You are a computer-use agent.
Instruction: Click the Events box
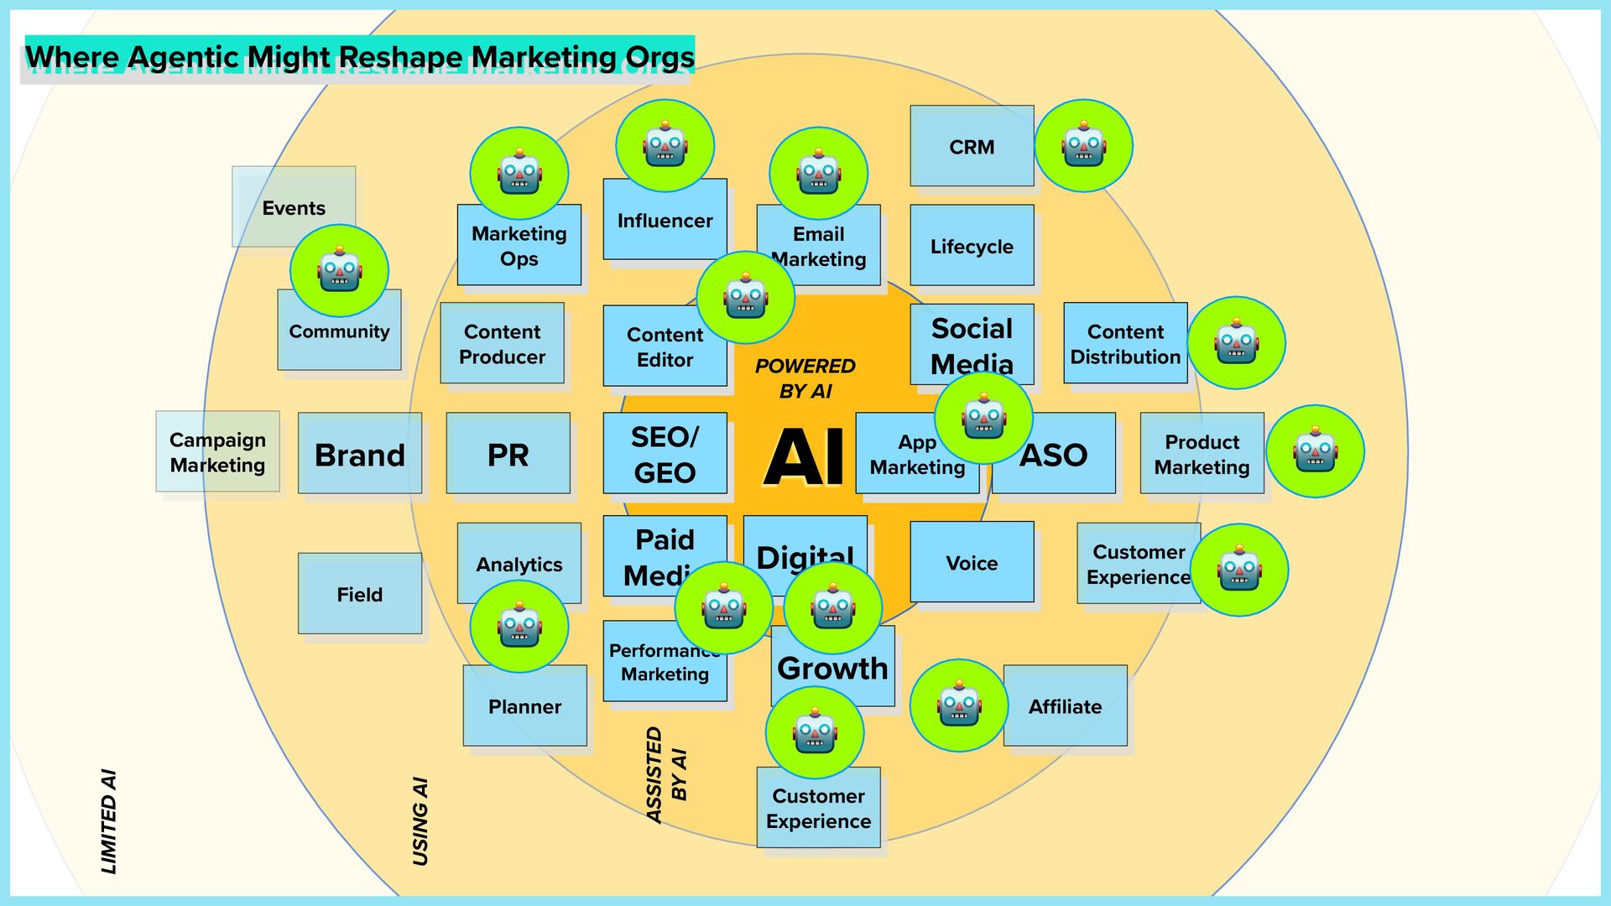[x=294, y=206]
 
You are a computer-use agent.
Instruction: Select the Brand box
[x=359, y=454]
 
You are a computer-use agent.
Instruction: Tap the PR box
[x=508, y=454]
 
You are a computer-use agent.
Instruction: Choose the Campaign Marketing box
[x=217, y=452]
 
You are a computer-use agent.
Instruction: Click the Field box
[x=359, y=594]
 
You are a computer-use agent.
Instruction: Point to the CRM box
[x=972, y=147]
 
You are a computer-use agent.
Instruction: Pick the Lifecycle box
[x=972, y=246]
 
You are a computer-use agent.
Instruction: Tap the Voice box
[x=972, y=562]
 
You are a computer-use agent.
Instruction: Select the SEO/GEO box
[x=665, y=454]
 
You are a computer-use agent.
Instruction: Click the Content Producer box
[x=502, y=344]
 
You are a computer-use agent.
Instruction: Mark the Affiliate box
[x=1065, y=706]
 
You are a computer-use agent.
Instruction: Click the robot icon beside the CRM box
[x=1083, y=146]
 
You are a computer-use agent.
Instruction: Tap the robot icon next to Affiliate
[x=959, y=706]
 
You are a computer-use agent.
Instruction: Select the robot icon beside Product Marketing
[x=1315, y=451]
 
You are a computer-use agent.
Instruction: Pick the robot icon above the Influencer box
[x=665, y=146]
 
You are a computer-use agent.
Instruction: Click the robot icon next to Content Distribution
[x=1236, y=342]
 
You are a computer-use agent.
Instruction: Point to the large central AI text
[x=805, y=457]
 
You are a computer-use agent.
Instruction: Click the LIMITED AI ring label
[x=109, y=821]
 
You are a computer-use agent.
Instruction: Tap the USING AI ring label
[x=420, y=821]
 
